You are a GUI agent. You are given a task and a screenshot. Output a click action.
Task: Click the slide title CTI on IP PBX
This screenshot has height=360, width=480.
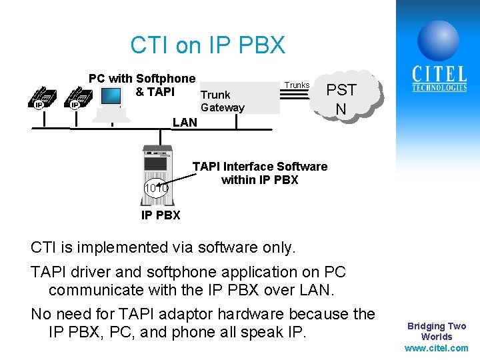pyautogui.click(x=207, y=45)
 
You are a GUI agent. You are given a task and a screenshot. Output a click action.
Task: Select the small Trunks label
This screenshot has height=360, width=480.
pyautogui.click(x=297, y=85)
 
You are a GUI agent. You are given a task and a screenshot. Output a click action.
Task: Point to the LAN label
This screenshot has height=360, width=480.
pyautogui.click(x=185, y=122)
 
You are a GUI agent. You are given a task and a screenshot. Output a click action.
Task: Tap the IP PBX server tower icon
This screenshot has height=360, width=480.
pyautogui.click(x=159, y=170)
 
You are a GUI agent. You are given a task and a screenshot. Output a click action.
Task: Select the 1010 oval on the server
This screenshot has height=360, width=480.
pyautogui.click(x=157, y=189)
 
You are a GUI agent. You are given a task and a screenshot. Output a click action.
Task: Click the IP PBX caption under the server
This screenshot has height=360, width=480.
pyautogui.click(x=161, y=215)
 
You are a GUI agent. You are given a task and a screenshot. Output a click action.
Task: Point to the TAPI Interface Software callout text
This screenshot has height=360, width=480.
pyautogui.click(x=259, y=173)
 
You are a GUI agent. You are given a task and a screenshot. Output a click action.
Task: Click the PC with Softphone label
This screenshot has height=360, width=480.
pyautogui.click(x=142, y=79)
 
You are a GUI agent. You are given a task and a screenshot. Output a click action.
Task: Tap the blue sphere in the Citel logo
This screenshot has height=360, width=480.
pyautogui.click(x=438, y=40)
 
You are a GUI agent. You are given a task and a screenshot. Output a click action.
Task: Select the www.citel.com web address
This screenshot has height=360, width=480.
pyautogui.click(x=437, y=348)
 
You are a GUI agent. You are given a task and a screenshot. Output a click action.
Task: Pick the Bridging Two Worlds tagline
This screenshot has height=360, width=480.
pyautogui.click(x=437, y=331)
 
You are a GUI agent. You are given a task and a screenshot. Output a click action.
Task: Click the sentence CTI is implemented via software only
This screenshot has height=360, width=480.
pyautogui.click(x=164, y=247)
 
